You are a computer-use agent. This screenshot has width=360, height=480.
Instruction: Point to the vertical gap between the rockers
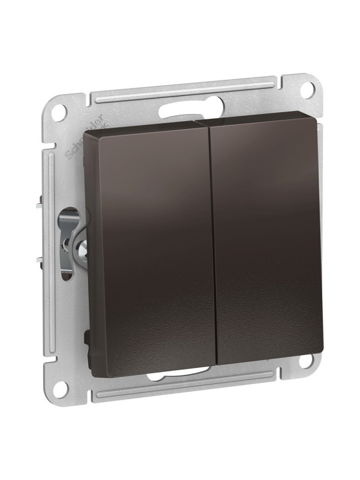(212, 240)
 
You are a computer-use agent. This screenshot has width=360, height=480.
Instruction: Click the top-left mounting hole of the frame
(60, 112)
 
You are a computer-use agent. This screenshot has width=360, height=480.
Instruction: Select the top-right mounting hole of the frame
(307, 90)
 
